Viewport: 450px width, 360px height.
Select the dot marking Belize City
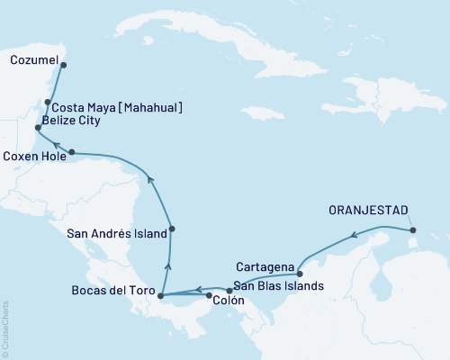pos(37,129)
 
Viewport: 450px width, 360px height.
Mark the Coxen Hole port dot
pos(71,151)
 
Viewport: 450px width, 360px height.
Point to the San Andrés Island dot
pos(172,229)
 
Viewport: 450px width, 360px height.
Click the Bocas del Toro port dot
pos(160,295)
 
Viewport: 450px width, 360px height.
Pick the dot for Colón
pos(209,295)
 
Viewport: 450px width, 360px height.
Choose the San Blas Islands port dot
pos(229,290)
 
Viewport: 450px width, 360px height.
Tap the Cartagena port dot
pos(300,274)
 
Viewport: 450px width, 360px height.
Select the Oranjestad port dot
pos(414,230)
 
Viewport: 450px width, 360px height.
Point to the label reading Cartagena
pos(265,267)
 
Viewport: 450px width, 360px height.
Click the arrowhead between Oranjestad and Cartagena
pos(355,237)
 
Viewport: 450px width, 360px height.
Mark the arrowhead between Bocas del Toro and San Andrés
pos(167,264)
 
